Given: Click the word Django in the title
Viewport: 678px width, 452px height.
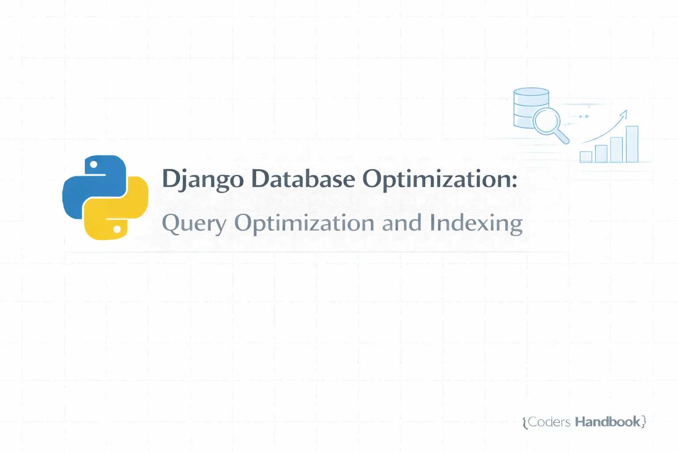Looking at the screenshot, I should (203, 179).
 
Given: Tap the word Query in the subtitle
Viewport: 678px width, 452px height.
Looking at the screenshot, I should (194, 223).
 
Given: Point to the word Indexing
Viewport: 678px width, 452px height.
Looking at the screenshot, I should (476, 223).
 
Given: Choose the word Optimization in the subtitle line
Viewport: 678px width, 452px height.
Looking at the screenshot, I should (304, 223).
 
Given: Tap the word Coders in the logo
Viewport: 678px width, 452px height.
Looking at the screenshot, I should (549, 422).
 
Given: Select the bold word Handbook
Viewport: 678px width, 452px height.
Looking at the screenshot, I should (607, 422).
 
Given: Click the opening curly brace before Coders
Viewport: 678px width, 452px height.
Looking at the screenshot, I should (525, 422).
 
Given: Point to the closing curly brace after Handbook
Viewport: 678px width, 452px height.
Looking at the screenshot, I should (644, 422).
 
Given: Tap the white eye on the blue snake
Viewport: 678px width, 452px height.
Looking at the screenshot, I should (94, 165).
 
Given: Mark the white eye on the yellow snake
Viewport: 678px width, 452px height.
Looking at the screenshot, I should (117, 230).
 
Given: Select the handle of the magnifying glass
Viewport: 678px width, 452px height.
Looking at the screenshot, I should (562, 136).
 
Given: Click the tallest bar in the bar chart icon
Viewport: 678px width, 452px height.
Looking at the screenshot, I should (632, 144).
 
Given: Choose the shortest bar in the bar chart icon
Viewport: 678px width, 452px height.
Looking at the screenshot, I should (586, 157).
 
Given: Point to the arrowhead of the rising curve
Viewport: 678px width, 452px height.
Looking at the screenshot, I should (624, 114).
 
